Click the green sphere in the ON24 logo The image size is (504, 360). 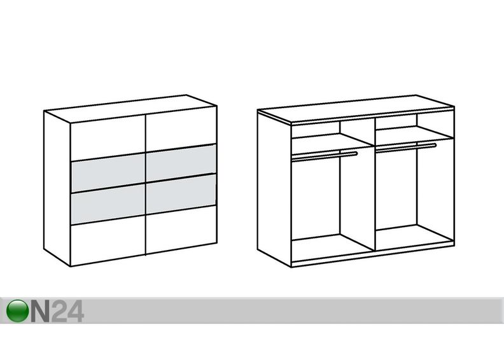coord(17,311)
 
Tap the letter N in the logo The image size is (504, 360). coord(40,311)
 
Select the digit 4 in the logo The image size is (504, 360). coord(76,311)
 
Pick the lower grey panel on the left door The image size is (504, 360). coord(108,204)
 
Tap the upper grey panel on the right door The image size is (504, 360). coord(181,163)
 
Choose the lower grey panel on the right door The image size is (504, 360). coord(181,194)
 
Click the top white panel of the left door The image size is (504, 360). coord(108,138)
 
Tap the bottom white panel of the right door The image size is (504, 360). coord(181,230)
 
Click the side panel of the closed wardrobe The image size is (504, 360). coord(57,188)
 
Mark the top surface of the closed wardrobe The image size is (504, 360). coord(130,109)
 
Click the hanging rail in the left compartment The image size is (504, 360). coord(325,156)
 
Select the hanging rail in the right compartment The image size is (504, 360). coord(406,147)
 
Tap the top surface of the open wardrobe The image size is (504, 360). coord(356,109)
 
